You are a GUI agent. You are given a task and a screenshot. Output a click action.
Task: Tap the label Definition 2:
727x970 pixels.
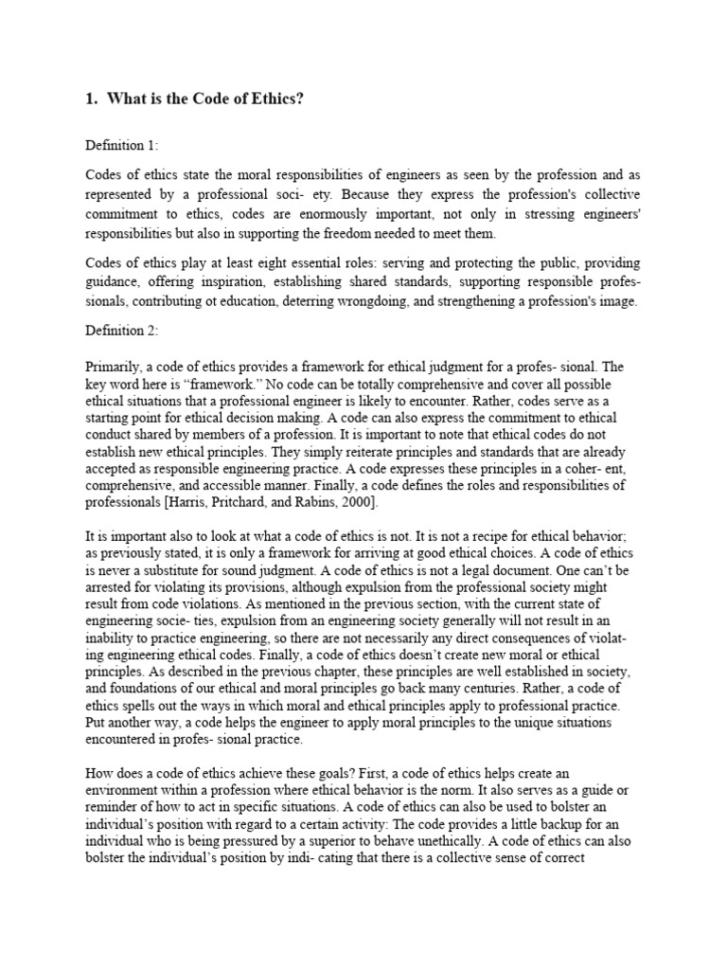click(x=122, y=331)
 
